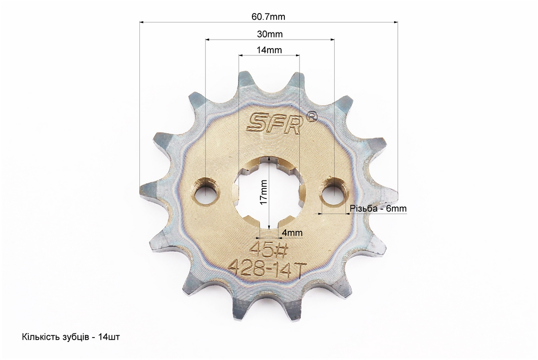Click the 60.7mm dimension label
(268, 17)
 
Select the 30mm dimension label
(270, 34)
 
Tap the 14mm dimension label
(269, 50)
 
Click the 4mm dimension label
(292, 233)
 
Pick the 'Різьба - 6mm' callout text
(378, 208)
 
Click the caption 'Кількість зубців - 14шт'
(71, 337)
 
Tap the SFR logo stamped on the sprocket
(274, 122)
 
